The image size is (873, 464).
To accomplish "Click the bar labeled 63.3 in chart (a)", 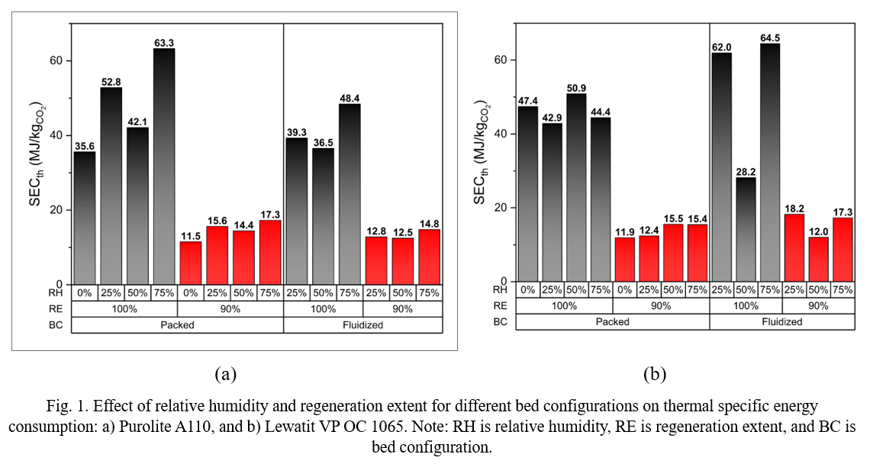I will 164,166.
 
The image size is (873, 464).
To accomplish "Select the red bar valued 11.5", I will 191,263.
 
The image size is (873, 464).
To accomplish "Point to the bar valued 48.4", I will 350,194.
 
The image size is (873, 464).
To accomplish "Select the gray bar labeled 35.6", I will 85,217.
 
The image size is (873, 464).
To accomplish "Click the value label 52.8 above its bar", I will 111,82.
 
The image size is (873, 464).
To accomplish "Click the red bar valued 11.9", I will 625,259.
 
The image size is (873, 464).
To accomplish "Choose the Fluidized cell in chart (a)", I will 362,325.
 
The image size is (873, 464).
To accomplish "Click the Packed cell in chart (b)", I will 612,322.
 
